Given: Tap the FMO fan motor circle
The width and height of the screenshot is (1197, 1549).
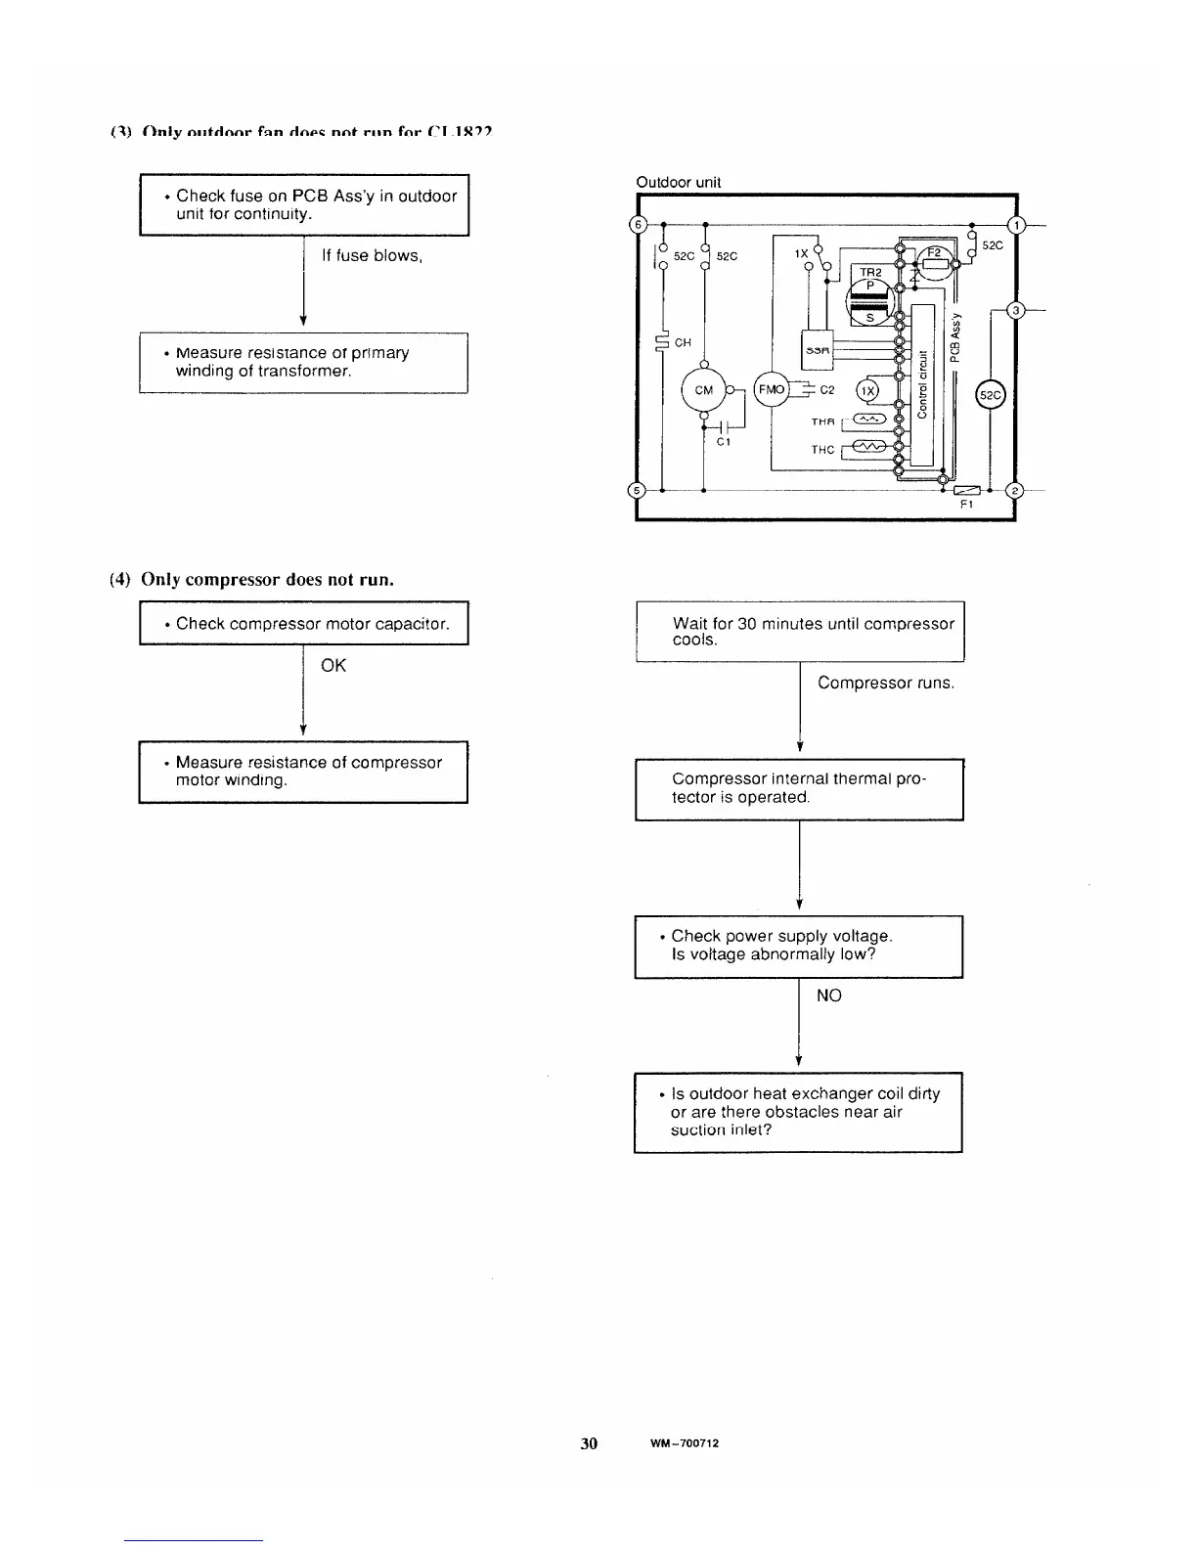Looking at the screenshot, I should click(772, 389).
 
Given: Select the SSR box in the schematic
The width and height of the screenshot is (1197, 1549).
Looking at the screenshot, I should click(818, 350).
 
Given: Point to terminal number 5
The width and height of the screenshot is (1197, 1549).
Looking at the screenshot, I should click(636, 490).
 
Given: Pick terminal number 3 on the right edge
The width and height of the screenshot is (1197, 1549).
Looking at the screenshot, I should click(1015, 311).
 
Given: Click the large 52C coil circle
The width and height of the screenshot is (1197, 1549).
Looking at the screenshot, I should click(992, 396).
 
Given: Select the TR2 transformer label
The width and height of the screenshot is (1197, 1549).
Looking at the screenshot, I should click(870, 272).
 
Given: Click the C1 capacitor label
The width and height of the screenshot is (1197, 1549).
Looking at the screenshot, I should click(724, 442).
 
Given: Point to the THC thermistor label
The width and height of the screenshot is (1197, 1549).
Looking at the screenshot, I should click(822, 450).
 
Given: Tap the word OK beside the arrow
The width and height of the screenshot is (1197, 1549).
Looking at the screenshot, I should click(333, 666).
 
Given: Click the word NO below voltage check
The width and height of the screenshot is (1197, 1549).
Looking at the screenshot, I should click(828, 996).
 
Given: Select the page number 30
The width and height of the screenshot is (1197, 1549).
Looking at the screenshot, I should click(589, 1443).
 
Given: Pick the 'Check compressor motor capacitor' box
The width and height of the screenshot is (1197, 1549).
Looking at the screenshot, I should click(304, 624).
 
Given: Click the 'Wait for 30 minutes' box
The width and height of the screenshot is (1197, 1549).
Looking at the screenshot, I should click(800, 632).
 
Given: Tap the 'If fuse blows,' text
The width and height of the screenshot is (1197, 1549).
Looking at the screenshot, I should click(372, 256).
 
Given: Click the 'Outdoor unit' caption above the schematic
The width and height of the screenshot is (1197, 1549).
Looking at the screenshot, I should click(679, 182).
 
